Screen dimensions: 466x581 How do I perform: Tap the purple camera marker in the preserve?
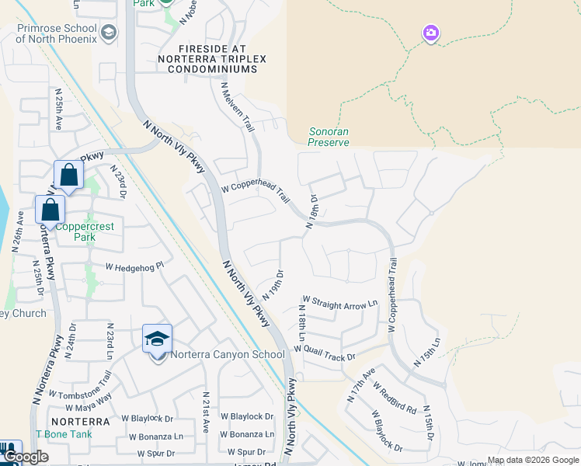(x=431, y=33)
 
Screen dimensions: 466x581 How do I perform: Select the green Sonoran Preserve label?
(x=329, y=137)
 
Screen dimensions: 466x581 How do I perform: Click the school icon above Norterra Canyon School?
(x=157, y=339)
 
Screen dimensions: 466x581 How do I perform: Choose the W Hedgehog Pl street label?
(x=136, y=266)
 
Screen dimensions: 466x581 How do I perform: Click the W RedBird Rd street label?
(x=395, y=397)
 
